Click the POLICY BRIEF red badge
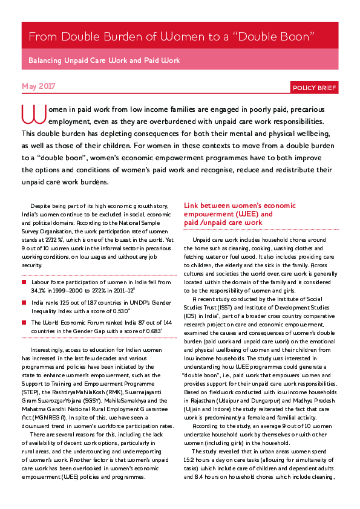pyautogui.click(x=313, y=88)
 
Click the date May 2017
pyautogui.click(x=38, y=86)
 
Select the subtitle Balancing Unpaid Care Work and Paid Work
pyautogui.click(x=104, y=61)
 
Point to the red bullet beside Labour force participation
pyautogui.click(x=24, y=282)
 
